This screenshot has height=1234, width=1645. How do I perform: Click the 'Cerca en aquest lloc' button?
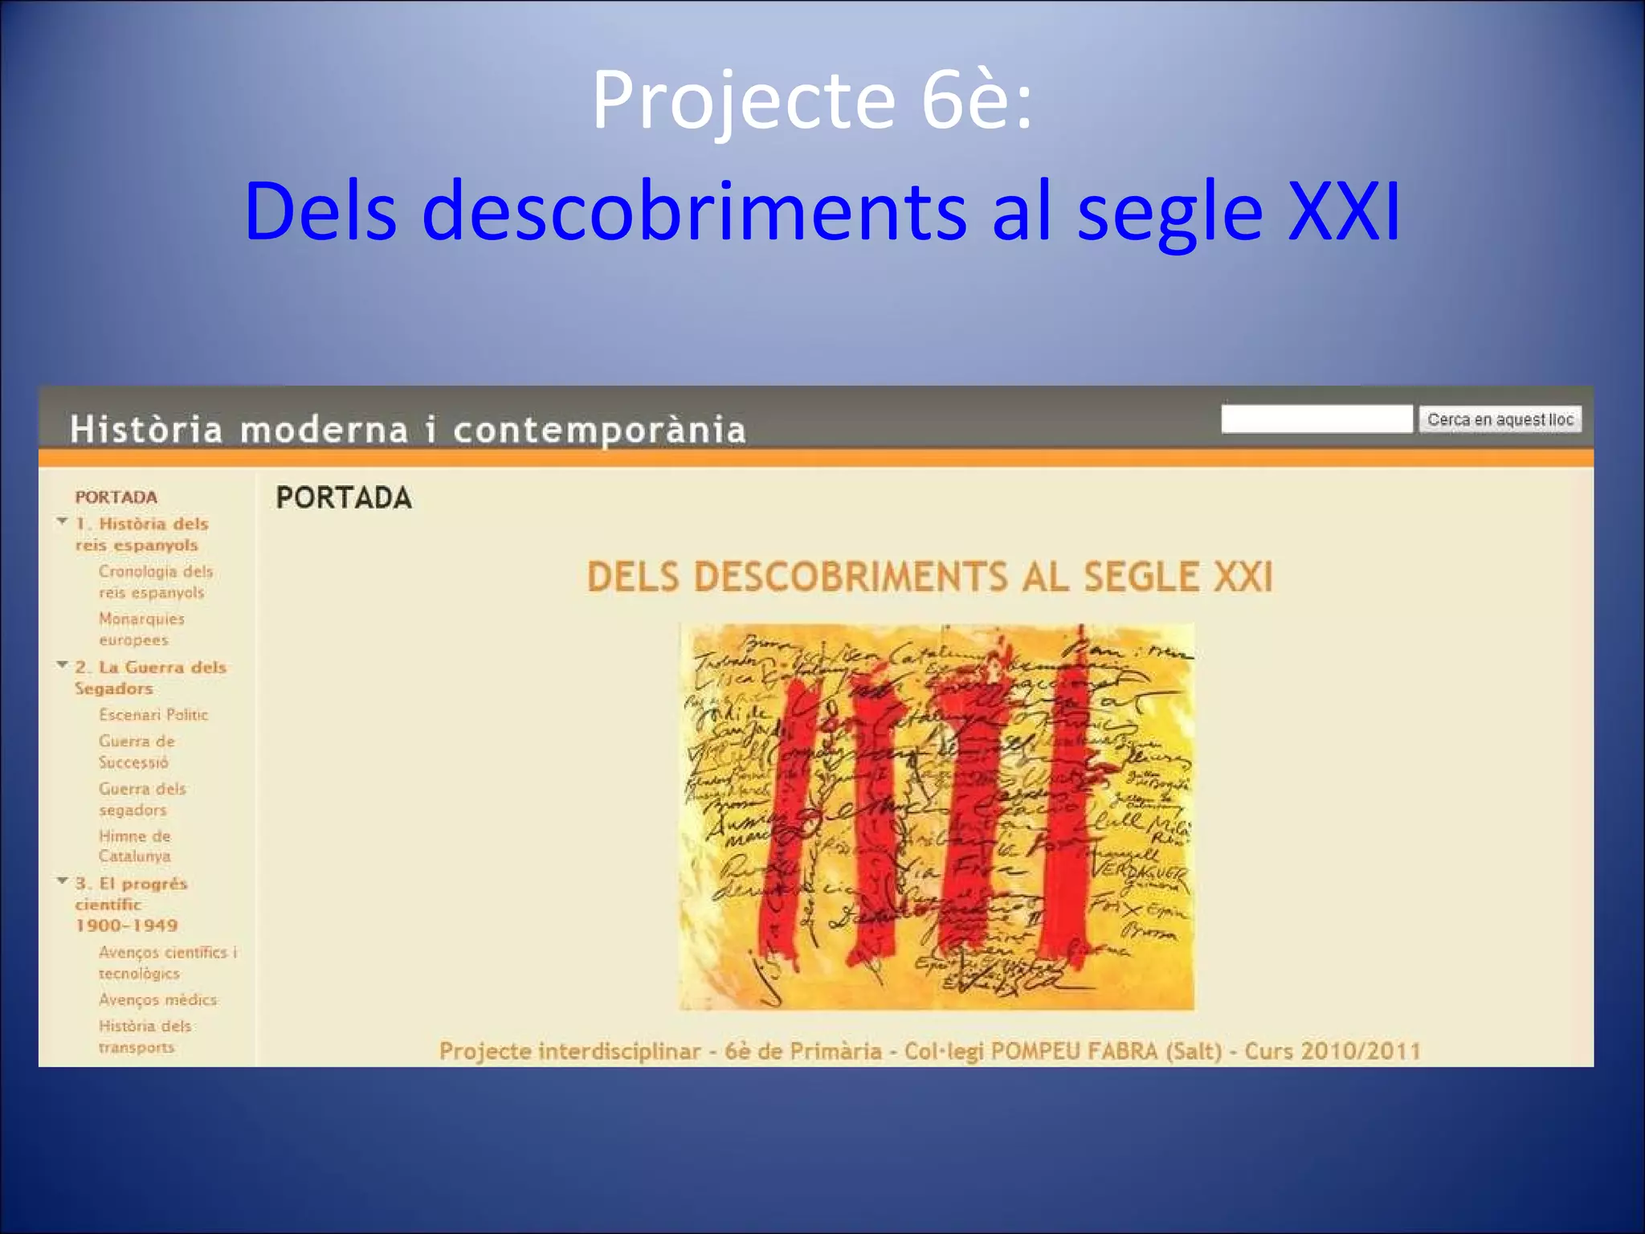[x=1500, y=419]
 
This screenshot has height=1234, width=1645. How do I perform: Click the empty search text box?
[x=1316, y=419]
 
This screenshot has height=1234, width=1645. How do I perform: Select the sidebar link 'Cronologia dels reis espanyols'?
[x=155, y=582]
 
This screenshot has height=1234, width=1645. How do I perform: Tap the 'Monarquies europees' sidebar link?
[x=141, y=629]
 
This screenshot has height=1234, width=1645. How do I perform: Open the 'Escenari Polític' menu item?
[x=153, y=714]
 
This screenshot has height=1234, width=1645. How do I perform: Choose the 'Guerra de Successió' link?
[x=137, y=751]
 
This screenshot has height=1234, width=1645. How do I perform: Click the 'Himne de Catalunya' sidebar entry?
[x=135, y=846]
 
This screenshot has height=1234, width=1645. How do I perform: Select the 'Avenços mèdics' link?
[x=157, y=999]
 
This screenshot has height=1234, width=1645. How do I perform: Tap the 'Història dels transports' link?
[x=145, y=1036]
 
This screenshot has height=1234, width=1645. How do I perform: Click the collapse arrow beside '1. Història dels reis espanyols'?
[x=63, y=521]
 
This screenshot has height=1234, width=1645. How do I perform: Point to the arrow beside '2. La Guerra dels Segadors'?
[x=63, y=664]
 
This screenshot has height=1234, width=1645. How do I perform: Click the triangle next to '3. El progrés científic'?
[x=63, y=881]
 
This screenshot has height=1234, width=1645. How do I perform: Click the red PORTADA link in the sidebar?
[x=116, y=496]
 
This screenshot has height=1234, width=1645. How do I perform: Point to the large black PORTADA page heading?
[x=344, y=498]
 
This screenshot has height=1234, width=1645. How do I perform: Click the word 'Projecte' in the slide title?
[x=743, y=102]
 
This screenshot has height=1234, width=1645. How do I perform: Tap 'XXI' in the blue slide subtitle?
[x=1343, y=211]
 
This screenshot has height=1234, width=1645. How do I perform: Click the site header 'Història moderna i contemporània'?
[x=408, y=429]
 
